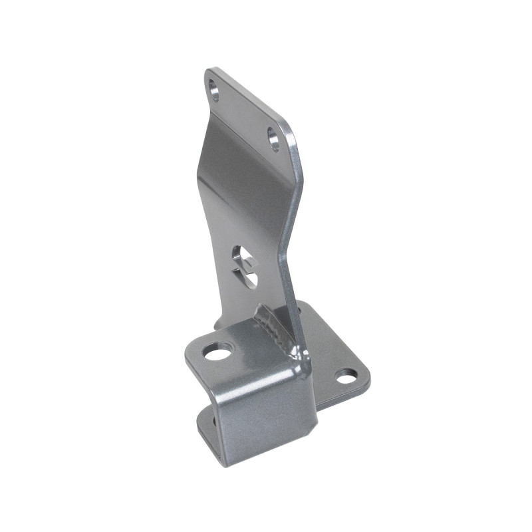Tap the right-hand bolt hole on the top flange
(x=273, y=138)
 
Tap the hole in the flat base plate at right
(x=346, y=377)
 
